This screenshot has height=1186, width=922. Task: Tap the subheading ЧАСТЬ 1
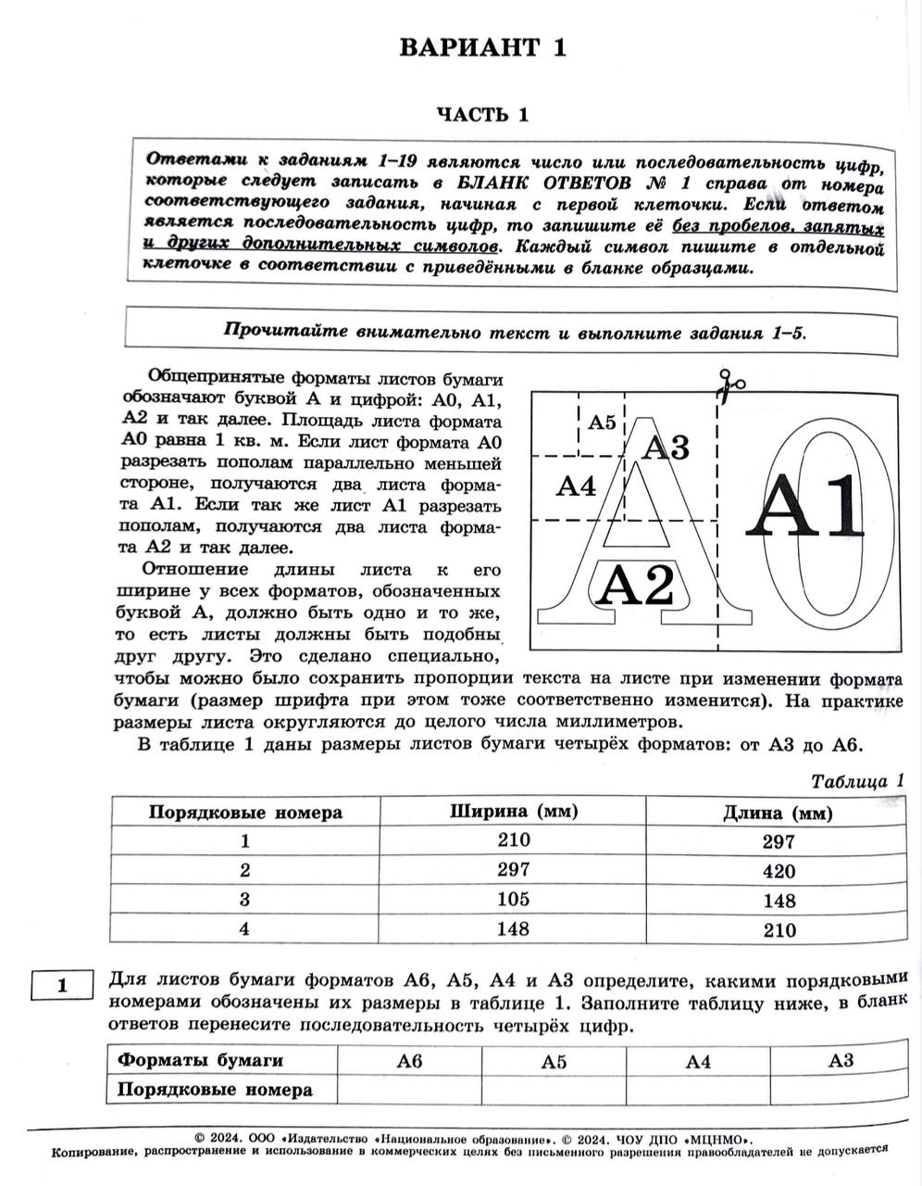[482, 115]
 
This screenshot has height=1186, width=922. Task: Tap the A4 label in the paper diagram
[576, 486]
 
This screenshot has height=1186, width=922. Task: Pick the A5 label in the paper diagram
[602, 423]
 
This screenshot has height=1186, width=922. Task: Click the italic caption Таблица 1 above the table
[856, 781]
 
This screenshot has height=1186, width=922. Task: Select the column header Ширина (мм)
[514, 812]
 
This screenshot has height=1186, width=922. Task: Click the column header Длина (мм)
[778, 814]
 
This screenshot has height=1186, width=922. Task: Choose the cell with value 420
[779, 871]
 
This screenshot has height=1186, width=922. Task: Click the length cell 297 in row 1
[779, 841]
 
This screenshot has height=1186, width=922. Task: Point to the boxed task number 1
[62, 985]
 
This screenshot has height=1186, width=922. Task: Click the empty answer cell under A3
[841, 1090]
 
